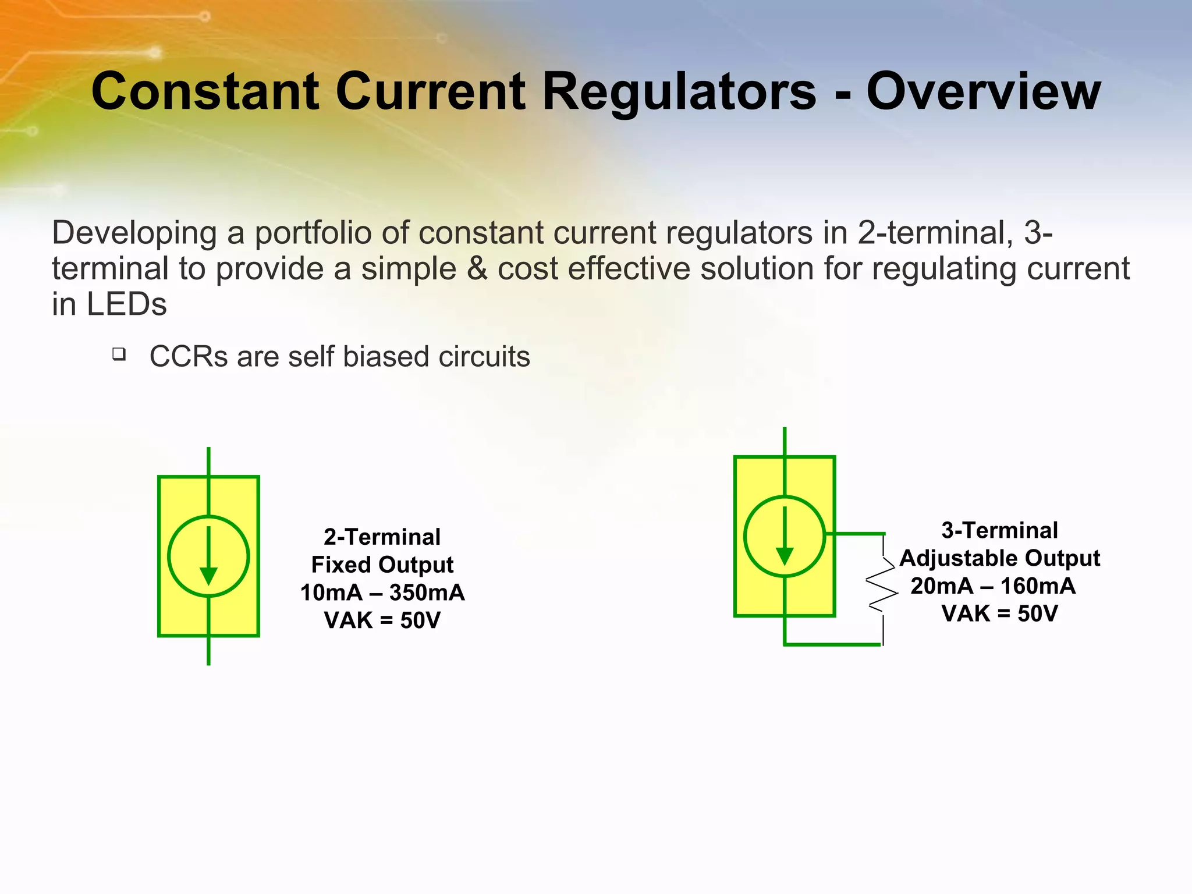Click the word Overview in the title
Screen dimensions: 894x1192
coord(983,91)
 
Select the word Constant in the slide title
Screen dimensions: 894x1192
coord(205,91)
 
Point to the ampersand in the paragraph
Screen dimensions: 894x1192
coord(477,269)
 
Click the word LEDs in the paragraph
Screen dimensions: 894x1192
coord(127,304)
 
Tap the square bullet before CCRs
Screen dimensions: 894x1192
coord(119,354)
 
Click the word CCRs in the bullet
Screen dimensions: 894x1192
coord(189,357)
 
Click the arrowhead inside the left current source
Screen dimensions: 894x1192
coord(208,576)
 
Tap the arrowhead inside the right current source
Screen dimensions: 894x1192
coord(785,556)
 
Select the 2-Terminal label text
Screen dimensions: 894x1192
coord(382,537)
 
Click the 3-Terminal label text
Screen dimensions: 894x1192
coord(999,530)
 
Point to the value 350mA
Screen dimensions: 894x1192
coord(427,593)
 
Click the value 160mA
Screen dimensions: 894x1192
coord(1038,586)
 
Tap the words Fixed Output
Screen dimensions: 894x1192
coord(382,565)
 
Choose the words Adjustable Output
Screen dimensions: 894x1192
coord(999,558)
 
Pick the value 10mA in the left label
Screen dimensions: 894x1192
coord(331,593)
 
